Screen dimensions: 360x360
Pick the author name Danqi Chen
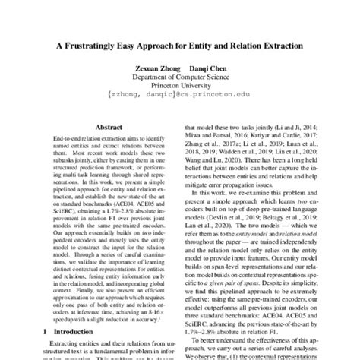tap(207, 68)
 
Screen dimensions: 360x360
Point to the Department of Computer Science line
tap(180, 78)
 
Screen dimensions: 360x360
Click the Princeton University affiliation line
tap(180, 87)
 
